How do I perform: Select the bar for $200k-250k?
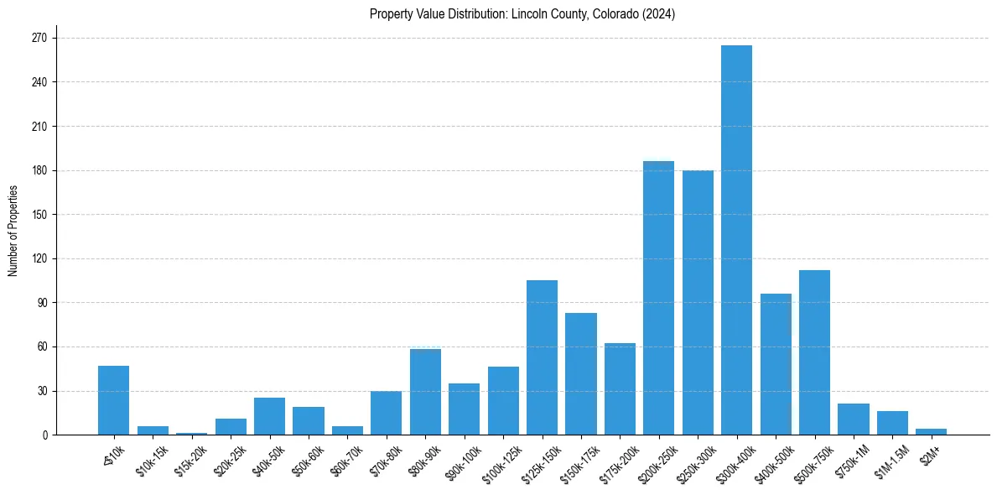(x=658, y=298)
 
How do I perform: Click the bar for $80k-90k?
(x=425, y=392)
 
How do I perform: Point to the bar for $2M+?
(x=931, y=431)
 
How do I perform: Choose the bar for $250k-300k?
(x=698, y=302)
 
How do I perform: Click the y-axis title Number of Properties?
(x=13, y=231)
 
